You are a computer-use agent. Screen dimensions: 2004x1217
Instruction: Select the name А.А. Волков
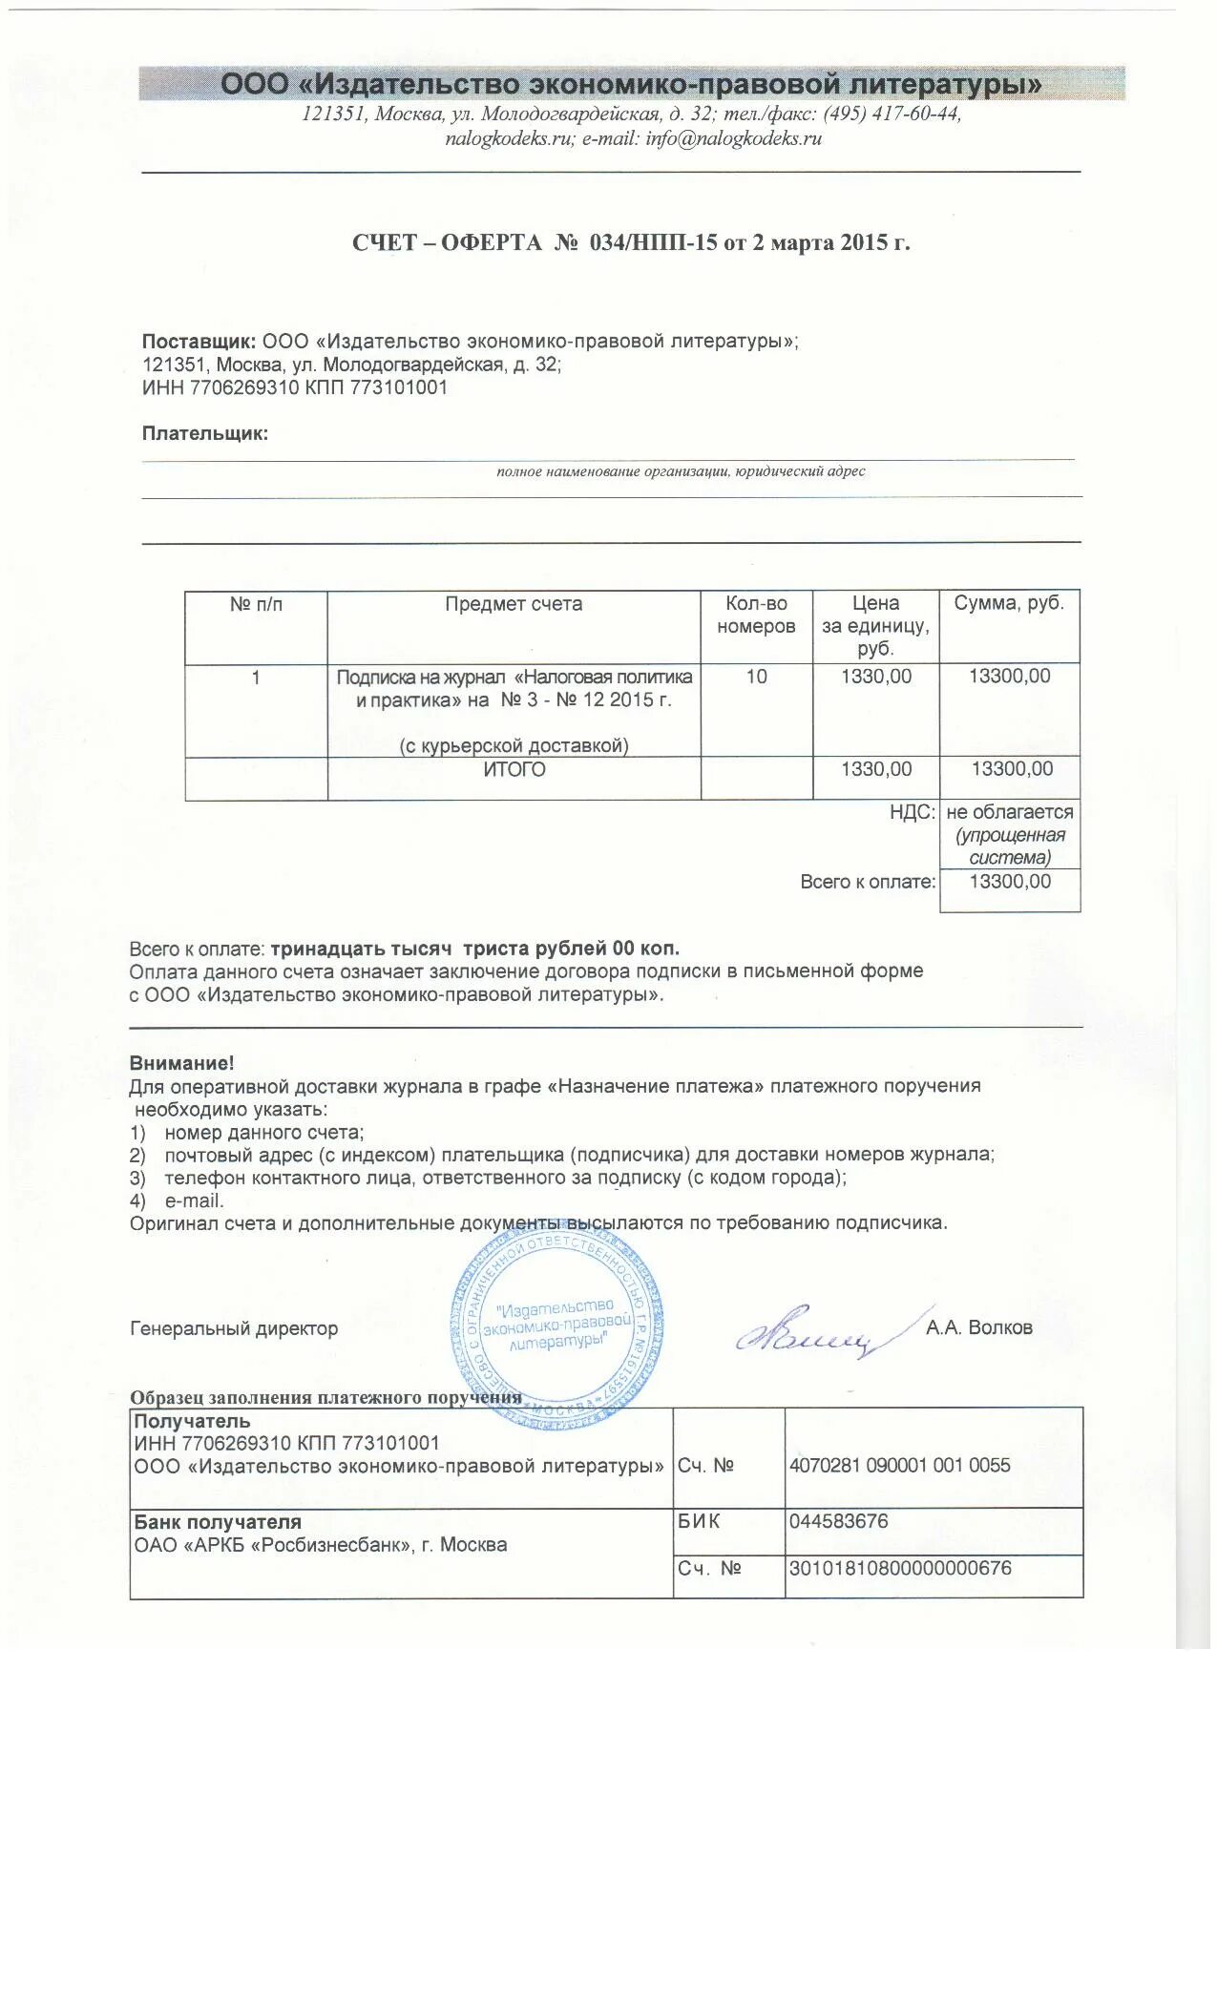point(978,1327)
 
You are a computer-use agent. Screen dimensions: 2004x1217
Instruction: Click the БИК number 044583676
point(838,1521)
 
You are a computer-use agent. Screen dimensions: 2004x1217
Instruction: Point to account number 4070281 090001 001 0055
point(899,1465)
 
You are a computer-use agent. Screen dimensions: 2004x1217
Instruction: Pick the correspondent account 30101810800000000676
point(899,1568)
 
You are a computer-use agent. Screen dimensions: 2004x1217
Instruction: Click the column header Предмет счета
point(514,604)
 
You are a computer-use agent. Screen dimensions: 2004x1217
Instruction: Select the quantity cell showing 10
point(756,677)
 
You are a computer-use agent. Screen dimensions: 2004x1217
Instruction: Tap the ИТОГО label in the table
point(514,769)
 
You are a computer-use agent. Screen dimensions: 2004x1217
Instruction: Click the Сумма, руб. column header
point(1009,603)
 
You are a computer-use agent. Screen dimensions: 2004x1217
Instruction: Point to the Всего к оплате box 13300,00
point(1010,882)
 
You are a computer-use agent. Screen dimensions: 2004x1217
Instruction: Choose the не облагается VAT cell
point(1010,813)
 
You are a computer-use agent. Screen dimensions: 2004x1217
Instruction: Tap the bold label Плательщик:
point(205,433)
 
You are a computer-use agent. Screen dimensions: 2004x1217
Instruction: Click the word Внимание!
point(181,1063)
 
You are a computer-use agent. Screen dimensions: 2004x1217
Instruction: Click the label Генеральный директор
point(234,1328)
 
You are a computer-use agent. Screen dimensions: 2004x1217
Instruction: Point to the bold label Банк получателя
point(218,1522)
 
